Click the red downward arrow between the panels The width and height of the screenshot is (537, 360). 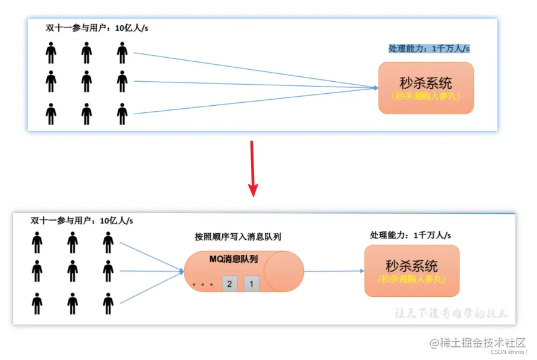[x=253, y=169]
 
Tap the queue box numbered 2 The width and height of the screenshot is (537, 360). [x=229, y=284]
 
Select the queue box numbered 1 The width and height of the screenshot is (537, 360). [x=252, y=284]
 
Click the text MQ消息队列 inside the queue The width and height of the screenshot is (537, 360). [x=234, y=259]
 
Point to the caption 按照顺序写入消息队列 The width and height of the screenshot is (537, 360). [x=238, y=237]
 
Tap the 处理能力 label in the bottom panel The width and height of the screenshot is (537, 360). [x=410, y=235]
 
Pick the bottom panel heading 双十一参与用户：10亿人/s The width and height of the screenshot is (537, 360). [x=82, y=221]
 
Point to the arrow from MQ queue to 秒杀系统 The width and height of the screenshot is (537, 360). [x=334, y=271]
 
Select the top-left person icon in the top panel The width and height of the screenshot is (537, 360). [x=51, y=53]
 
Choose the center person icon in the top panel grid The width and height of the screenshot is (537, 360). [x=87, y=81]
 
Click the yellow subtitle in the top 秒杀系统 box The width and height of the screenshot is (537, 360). [x=425, y=95]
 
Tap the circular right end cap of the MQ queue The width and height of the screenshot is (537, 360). [x=284, y=271]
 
